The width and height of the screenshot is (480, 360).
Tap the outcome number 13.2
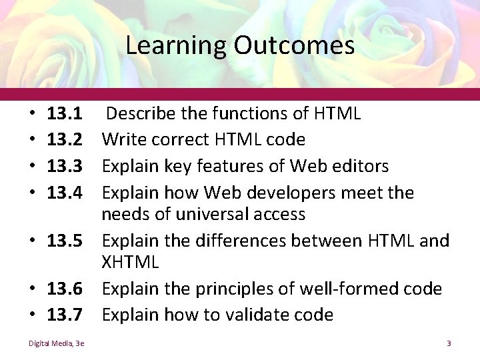click(x=65, y=139)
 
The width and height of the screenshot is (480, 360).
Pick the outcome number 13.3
click(x=65, y=165)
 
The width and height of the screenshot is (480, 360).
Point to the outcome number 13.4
click(x=65, y=193)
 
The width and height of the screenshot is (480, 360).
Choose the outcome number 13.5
click(x=65, y=239)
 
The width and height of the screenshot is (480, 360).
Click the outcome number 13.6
click(x=65, y=289)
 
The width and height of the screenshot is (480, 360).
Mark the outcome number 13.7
click(x=65, y=314)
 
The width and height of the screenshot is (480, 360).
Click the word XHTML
click(x=131, y=263)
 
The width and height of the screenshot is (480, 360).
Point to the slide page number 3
click(x=449, y=343)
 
